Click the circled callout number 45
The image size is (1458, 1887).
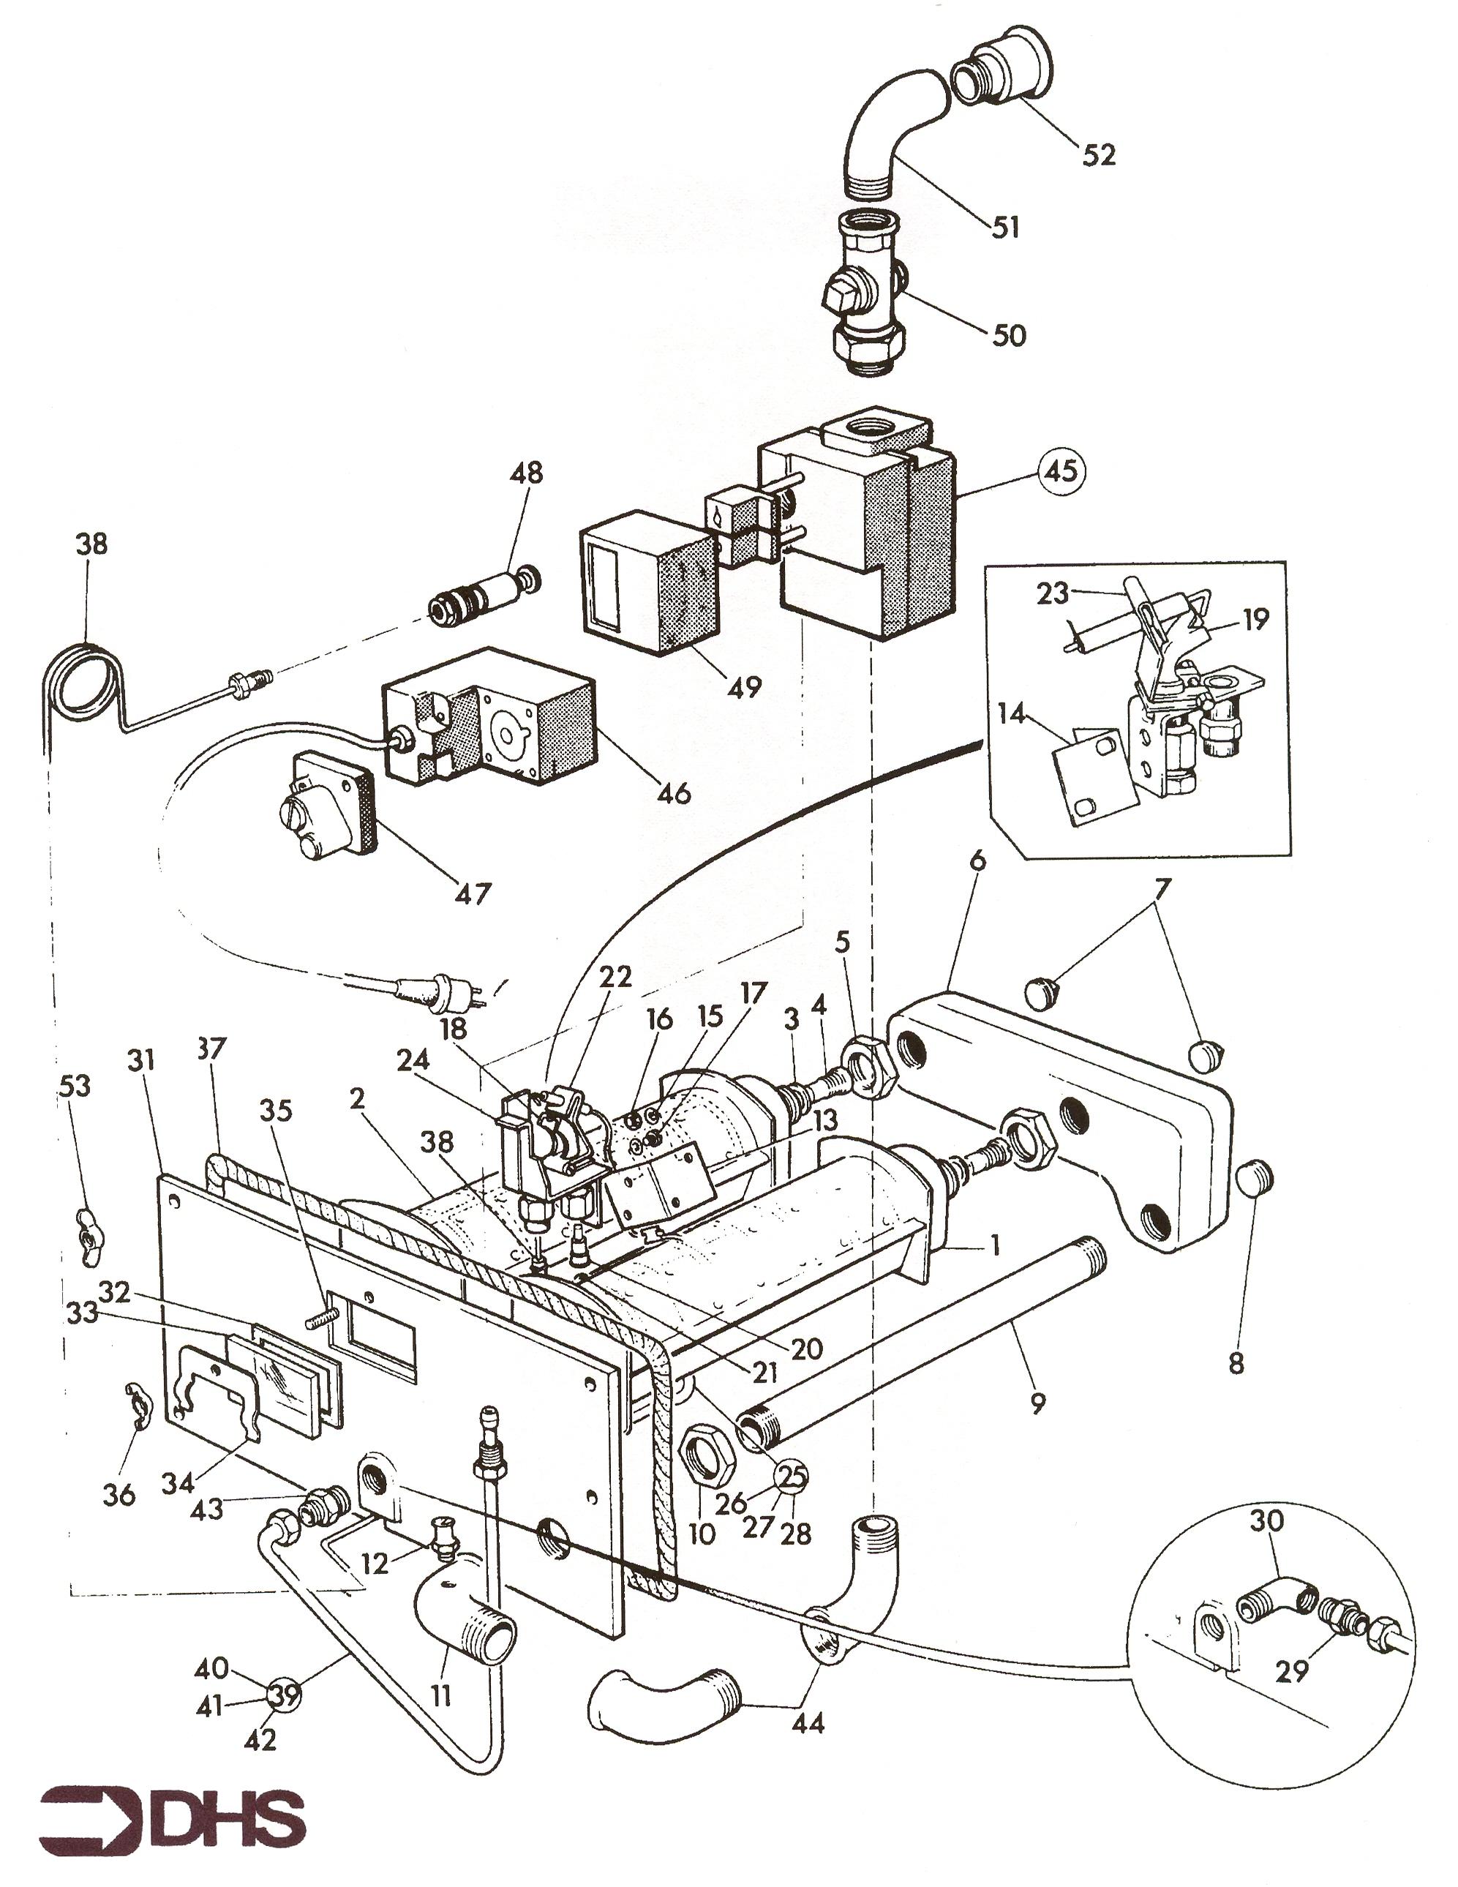pos(1061,471)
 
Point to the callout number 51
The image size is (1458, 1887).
pos(1005,228)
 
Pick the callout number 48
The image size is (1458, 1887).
pos(526,473)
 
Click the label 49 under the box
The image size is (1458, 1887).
pos(744,687)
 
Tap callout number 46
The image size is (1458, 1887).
pos(674,792)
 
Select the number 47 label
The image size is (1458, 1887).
pos(473,893)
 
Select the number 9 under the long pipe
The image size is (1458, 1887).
pos(1038,1403)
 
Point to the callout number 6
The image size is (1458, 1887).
pos(977,860)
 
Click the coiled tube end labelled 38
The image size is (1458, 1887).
pos(82,674)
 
